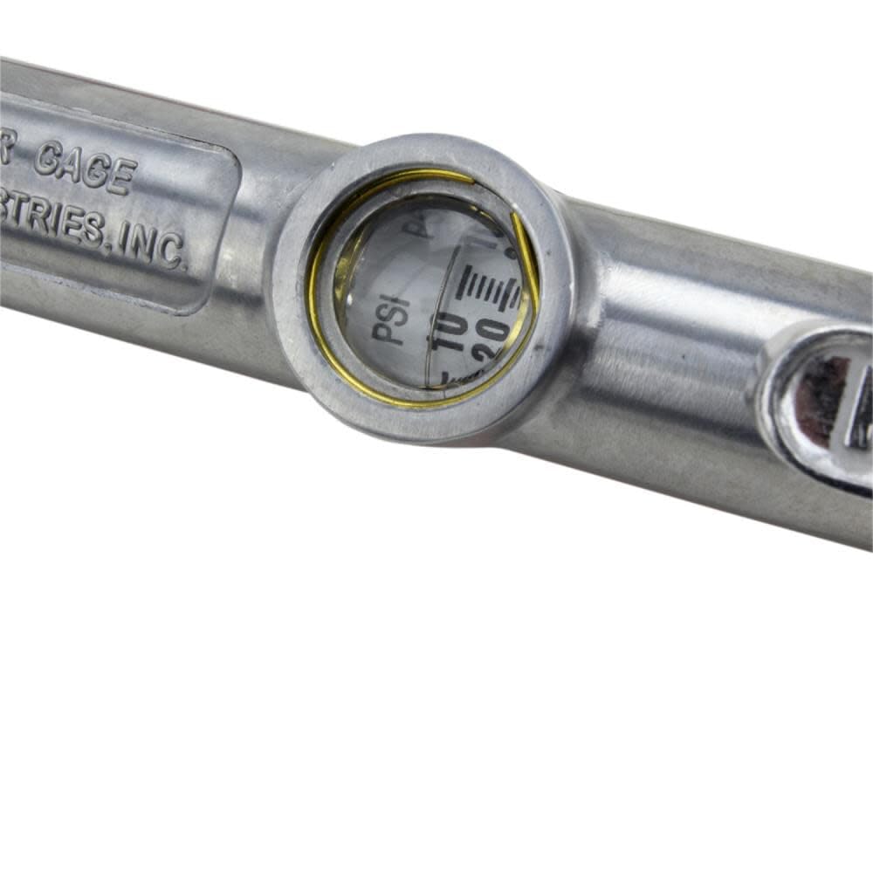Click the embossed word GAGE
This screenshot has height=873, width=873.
85,168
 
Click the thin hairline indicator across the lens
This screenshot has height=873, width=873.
434,332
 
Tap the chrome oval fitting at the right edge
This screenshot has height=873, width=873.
821,402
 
